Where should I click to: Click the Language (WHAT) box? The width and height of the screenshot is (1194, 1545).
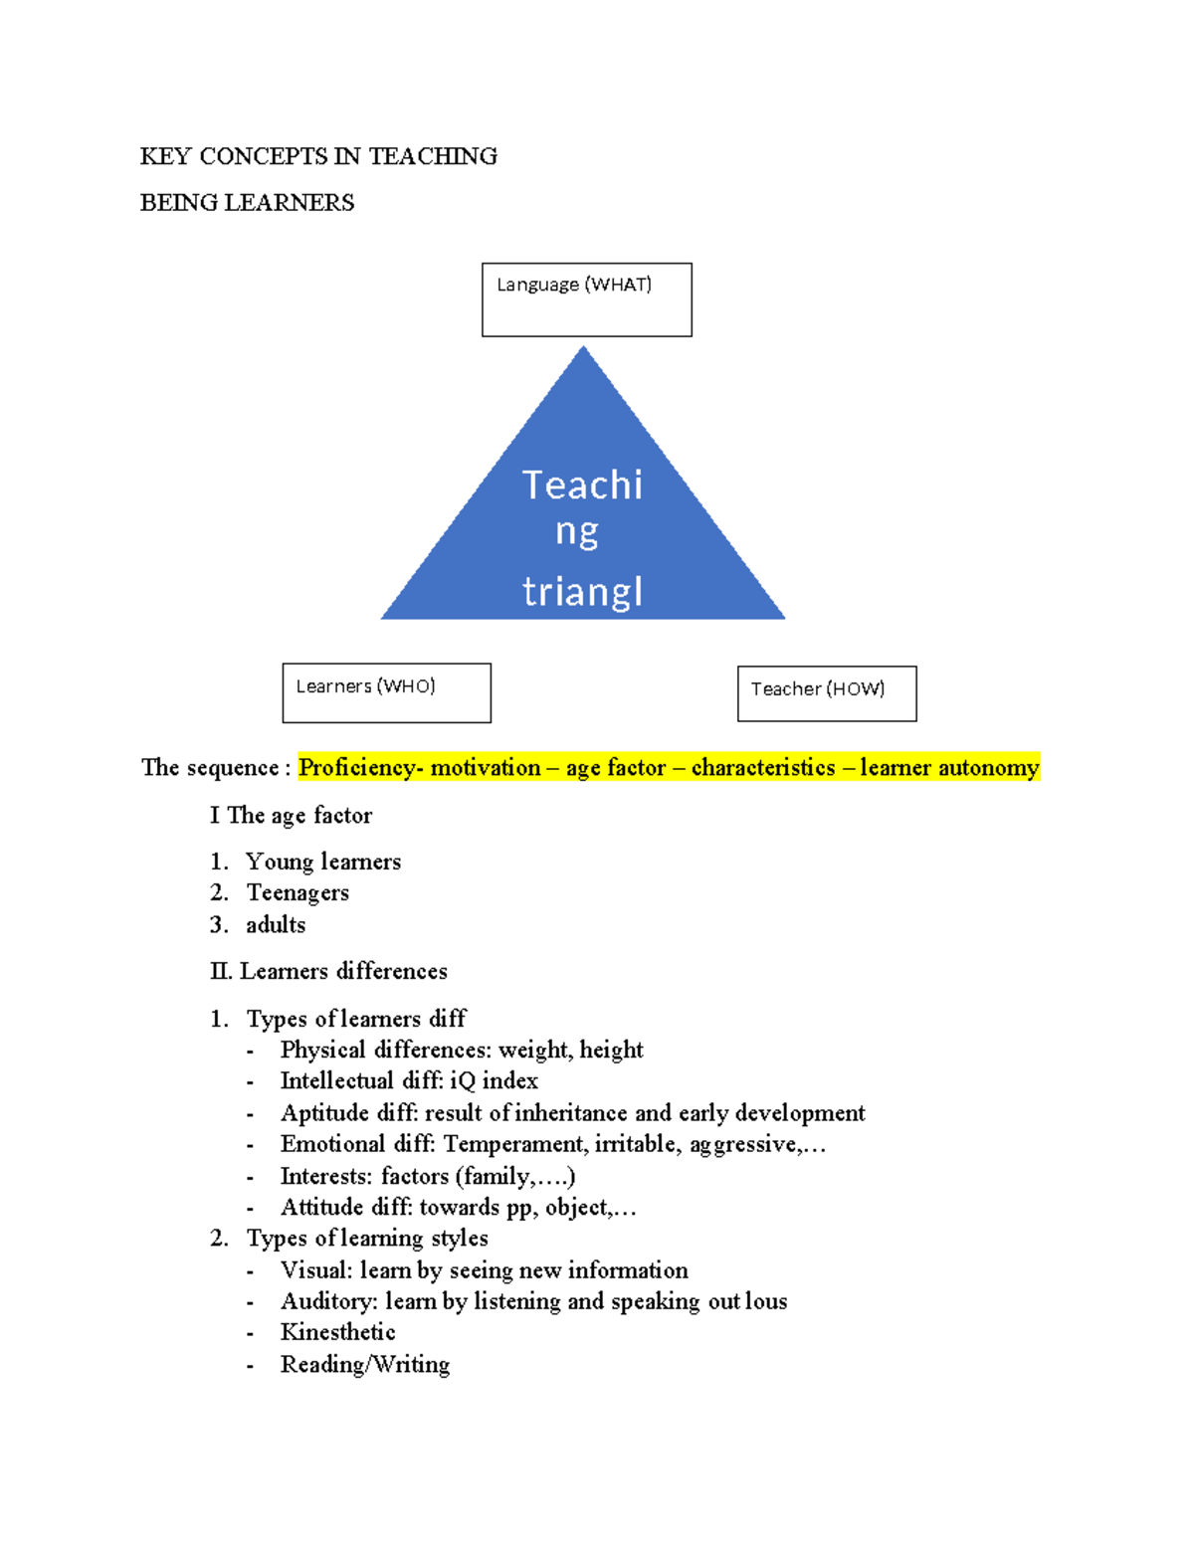pos(586,299)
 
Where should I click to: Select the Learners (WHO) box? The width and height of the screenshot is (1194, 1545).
pos(386,692)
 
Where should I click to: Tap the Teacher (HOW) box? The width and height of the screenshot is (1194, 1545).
pos(826,693)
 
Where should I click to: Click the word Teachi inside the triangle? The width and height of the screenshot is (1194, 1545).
pos(582,485)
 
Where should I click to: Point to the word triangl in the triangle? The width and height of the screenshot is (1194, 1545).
pos(582,592)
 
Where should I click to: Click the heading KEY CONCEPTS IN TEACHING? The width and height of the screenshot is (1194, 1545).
pos(318,156)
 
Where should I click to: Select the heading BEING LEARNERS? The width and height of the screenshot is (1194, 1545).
pos(247,203)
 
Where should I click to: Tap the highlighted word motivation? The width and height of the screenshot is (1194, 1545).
pos(485,768)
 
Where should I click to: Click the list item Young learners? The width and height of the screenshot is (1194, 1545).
pos(323,862)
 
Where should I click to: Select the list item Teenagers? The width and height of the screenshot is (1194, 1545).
pos(298,893)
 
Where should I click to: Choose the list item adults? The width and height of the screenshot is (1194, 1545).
pos(276,925)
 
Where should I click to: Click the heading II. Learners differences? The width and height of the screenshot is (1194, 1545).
pos(328,971)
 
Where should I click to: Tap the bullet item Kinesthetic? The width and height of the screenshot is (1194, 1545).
pos(337,1333)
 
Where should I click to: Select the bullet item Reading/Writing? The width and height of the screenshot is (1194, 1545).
pos(364,1365)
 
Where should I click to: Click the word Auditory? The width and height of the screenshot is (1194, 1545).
pos(324,1302)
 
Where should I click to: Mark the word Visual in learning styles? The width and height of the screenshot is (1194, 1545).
pos(313,1270)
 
